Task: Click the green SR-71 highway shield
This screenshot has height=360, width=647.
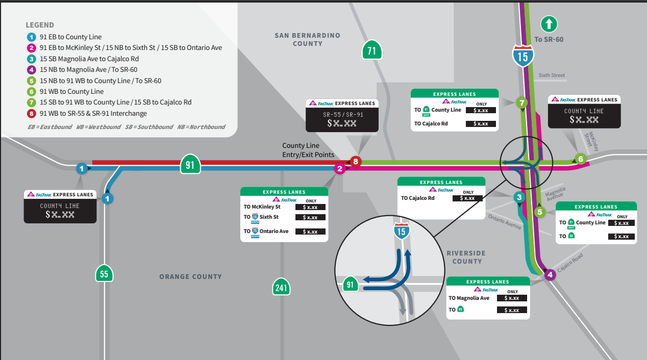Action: point(372,50)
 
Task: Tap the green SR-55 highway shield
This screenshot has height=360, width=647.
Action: point(104,274)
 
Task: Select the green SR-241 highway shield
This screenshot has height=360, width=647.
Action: point(281,287)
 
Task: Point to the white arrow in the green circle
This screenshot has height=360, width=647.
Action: point(549,23)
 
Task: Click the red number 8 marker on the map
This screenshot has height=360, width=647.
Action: point(356,162)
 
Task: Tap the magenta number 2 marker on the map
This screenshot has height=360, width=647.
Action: point(340,169)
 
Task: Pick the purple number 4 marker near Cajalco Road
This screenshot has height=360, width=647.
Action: point(550,275)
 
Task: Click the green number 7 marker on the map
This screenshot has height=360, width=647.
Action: point(521,102)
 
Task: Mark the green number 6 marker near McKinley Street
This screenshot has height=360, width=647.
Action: point(580,159)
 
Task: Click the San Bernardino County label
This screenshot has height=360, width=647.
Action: point(307,39)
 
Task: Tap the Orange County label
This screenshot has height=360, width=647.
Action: point(190,276)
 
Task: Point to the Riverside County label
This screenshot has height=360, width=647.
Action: point(466,257)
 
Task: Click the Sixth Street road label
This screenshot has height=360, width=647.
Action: point(552,75)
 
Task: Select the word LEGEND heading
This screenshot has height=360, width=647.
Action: point(40,25)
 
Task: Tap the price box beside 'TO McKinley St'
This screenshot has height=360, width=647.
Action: point(310,207)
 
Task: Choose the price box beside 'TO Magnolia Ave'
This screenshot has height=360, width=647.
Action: point(511,298)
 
